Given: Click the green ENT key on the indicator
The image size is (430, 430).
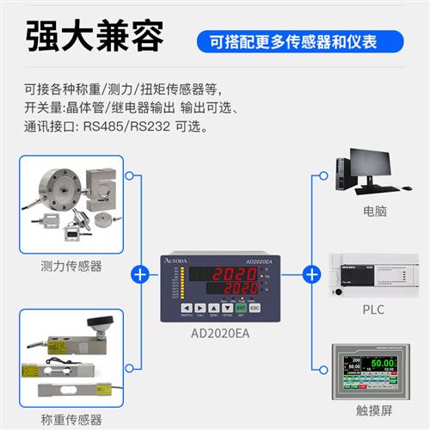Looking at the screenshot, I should click(x=242, y=306).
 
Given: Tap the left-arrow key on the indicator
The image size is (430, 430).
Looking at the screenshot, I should click(x=186, y=306).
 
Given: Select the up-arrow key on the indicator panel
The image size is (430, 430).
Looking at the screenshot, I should click(x=213, y=306).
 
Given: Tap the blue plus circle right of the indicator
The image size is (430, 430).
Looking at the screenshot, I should click(x=311, y=274).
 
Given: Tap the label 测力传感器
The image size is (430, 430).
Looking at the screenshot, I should click(x=71, y=266).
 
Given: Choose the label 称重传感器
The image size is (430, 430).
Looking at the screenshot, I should click(x=71, y=419).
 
